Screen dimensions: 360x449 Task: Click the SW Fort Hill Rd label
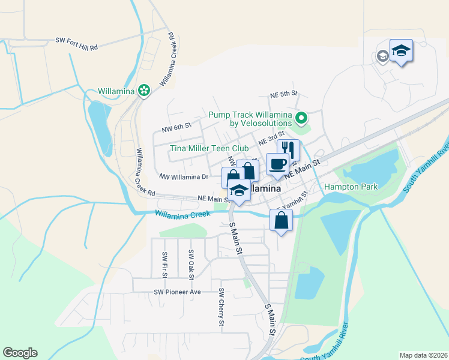tap(76, 40)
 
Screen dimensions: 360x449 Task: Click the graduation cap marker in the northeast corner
tap(401, 50)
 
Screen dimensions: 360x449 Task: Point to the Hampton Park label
tap(351, 187)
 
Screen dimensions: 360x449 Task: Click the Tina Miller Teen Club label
tap(209, 148)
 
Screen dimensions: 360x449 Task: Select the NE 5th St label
tap(283, 94)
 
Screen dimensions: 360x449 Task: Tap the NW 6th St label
tap(176, 127)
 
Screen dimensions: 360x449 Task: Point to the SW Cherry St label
tap(221, 308)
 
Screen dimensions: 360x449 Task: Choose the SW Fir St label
tap(164, 264)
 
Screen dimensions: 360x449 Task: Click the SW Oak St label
tap(191, 264)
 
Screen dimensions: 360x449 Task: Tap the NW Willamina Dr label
tap(183, 176)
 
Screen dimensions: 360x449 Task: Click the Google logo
tap(20, 353)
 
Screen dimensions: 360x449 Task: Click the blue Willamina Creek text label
tap(182, 214)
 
